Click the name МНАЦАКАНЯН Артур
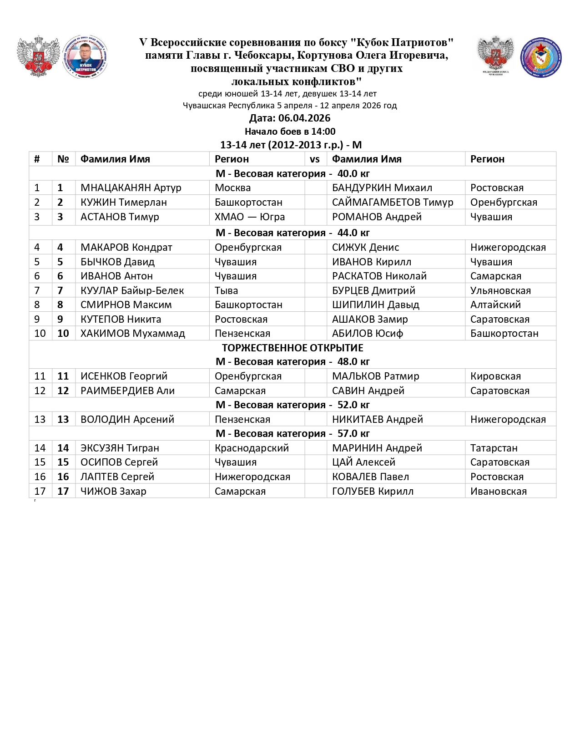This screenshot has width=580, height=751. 131,188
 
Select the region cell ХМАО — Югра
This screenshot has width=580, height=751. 250,217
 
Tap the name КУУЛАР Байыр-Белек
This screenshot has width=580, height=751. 132,290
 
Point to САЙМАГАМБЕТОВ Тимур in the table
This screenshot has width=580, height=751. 393,202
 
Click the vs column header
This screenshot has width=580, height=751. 315,159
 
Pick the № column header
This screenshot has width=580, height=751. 63,159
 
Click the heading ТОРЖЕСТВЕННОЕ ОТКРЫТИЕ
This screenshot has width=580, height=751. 293,348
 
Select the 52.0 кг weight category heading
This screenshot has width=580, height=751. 293,405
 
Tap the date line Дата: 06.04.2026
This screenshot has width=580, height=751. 290,118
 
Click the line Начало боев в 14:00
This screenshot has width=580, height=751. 290,132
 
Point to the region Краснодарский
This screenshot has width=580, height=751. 252,448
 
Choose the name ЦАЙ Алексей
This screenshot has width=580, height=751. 363,462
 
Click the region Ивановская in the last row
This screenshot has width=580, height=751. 499,491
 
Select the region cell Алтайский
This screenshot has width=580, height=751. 495,304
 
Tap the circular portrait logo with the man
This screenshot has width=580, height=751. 85,57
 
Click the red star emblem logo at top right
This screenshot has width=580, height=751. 541,57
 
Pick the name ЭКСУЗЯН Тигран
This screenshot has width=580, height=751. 120,448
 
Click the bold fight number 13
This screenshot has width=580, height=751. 63,419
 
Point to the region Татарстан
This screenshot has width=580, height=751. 494,448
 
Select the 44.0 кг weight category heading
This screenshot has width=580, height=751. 293,233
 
